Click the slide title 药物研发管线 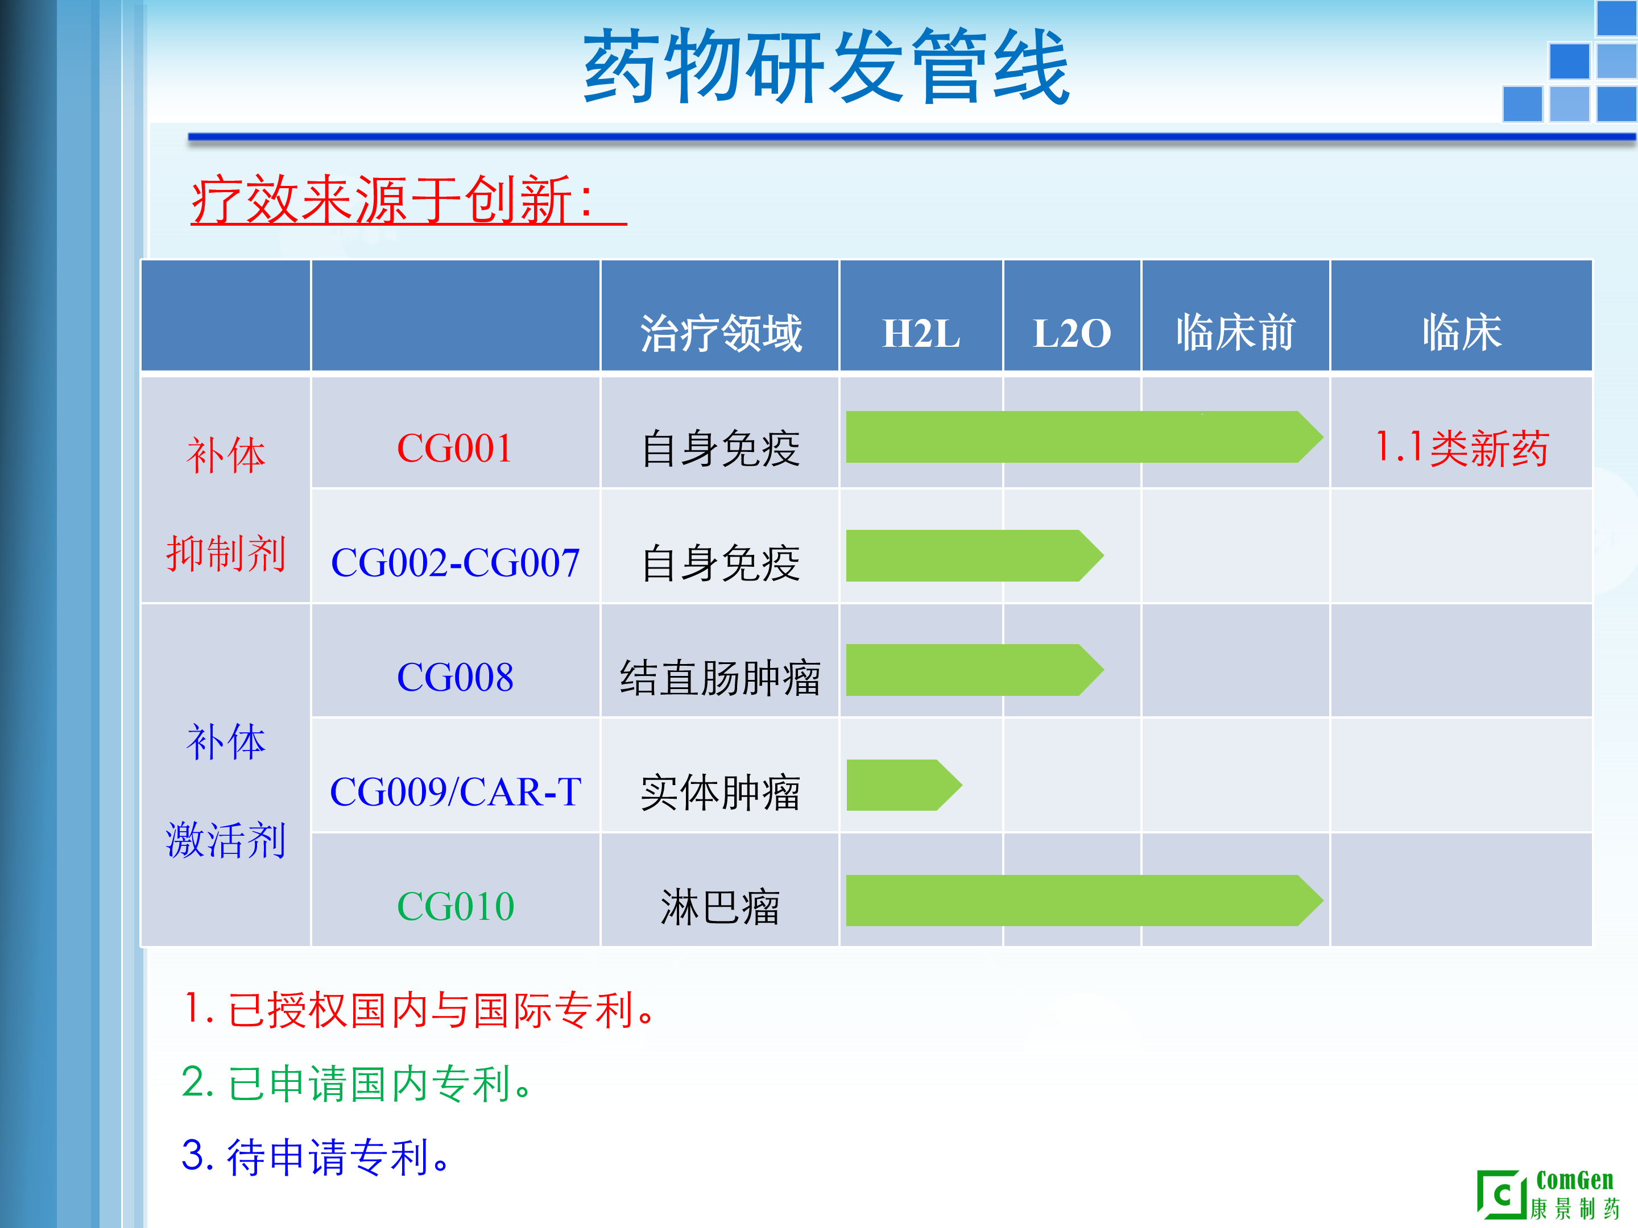pyautogui.click(x=826, y=67)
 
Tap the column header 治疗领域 pyautogui.click(x=721, y=333)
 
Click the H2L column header pyautogui.click(x=921, y=333)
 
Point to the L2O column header pyautogui.click(x=1072, y=333)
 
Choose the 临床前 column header pyautogui.click(x=1235, y=333)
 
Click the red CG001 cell pyautogui.click(x=454, y=449)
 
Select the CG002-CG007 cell pyautogui.click(x=454, y=563)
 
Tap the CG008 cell pyautogui.click(x=454, y=677)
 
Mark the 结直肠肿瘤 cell pyautogui.click(x=721, y=677)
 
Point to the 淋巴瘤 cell pyautogui.click(x=721, y=907)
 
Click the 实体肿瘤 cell pyautogui.click(x=721, y=792)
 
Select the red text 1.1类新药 pyautogui.click(x=1461, y=448)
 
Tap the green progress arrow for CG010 pyautogui.click(x=1085, y=900)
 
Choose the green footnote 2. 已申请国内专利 pyautogui.click(x=357, y=1083)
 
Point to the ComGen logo pyautogui.click(x=1548, y=1193)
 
